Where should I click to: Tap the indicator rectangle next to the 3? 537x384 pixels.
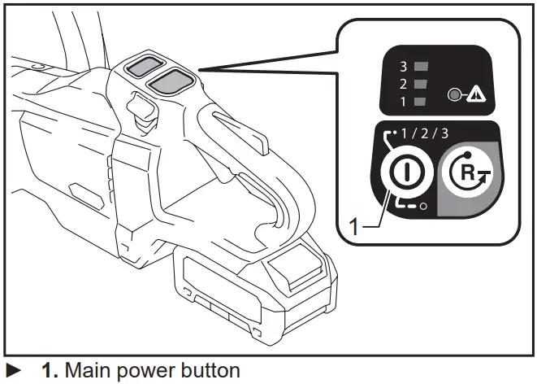pyautogui.click(x=420, y=66)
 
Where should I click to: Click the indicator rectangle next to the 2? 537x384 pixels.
pyautogui.click(x=420, y=84)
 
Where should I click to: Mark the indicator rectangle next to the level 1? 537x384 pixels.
pyautogui.click(x=420, y=102)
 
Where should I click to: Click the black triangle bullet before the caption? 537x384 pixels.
pyautogui.click(x=13, y=371)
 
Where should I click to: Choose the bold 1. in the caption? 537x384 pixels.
pyautogui.click(x=49, y=371)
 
